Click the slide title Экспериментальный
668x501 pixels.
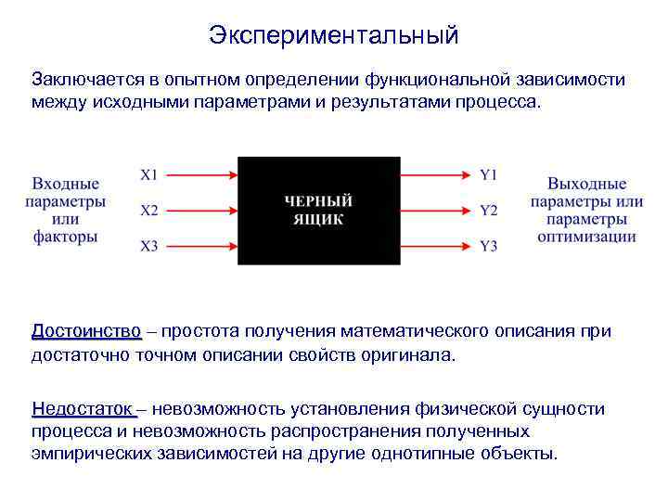pyautogui.click(x=333, y=35)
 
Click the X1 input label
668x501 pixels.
pyautogui.click(x=149, y=173)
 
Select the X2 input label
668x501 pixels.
pyautogui.click(x=149, y=210)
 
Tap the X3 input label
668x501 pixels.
pyautogui.click(x=149, y=246)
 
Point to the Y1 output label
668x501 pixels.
pyautogui.click(x=489, y=173)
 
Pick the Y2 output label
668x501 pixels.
pyautogui.click(x=489, y=210)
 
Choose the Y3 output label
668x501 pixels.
pyautogui.click(x=489, y=246)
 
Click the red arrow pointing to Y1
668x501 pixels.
pyautogui.click(x=436, y=173)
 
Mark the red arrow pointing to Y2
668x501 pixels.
pyautogui.click(x=436, y=210)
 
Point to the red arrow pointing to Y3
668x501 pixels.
pyautogui.click(x=436, y=246)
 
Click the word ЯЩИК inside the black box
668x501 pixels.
pyautogui.click(x=318, y=220)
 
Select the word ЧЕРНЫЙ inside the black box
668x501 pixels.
pyautogui.click(x=318, y=201)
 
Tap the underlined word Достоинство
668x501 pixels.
pyautogui.click(x=86, y=331)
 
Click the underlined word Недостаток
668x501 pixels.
pyautogui.click(x=83, y=409)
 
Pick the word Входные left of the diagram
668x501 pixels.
pyautogui.click(x=65, y=184)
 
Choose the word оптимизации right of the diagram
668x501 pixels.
pyautogui.click(x=586, y=237)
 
